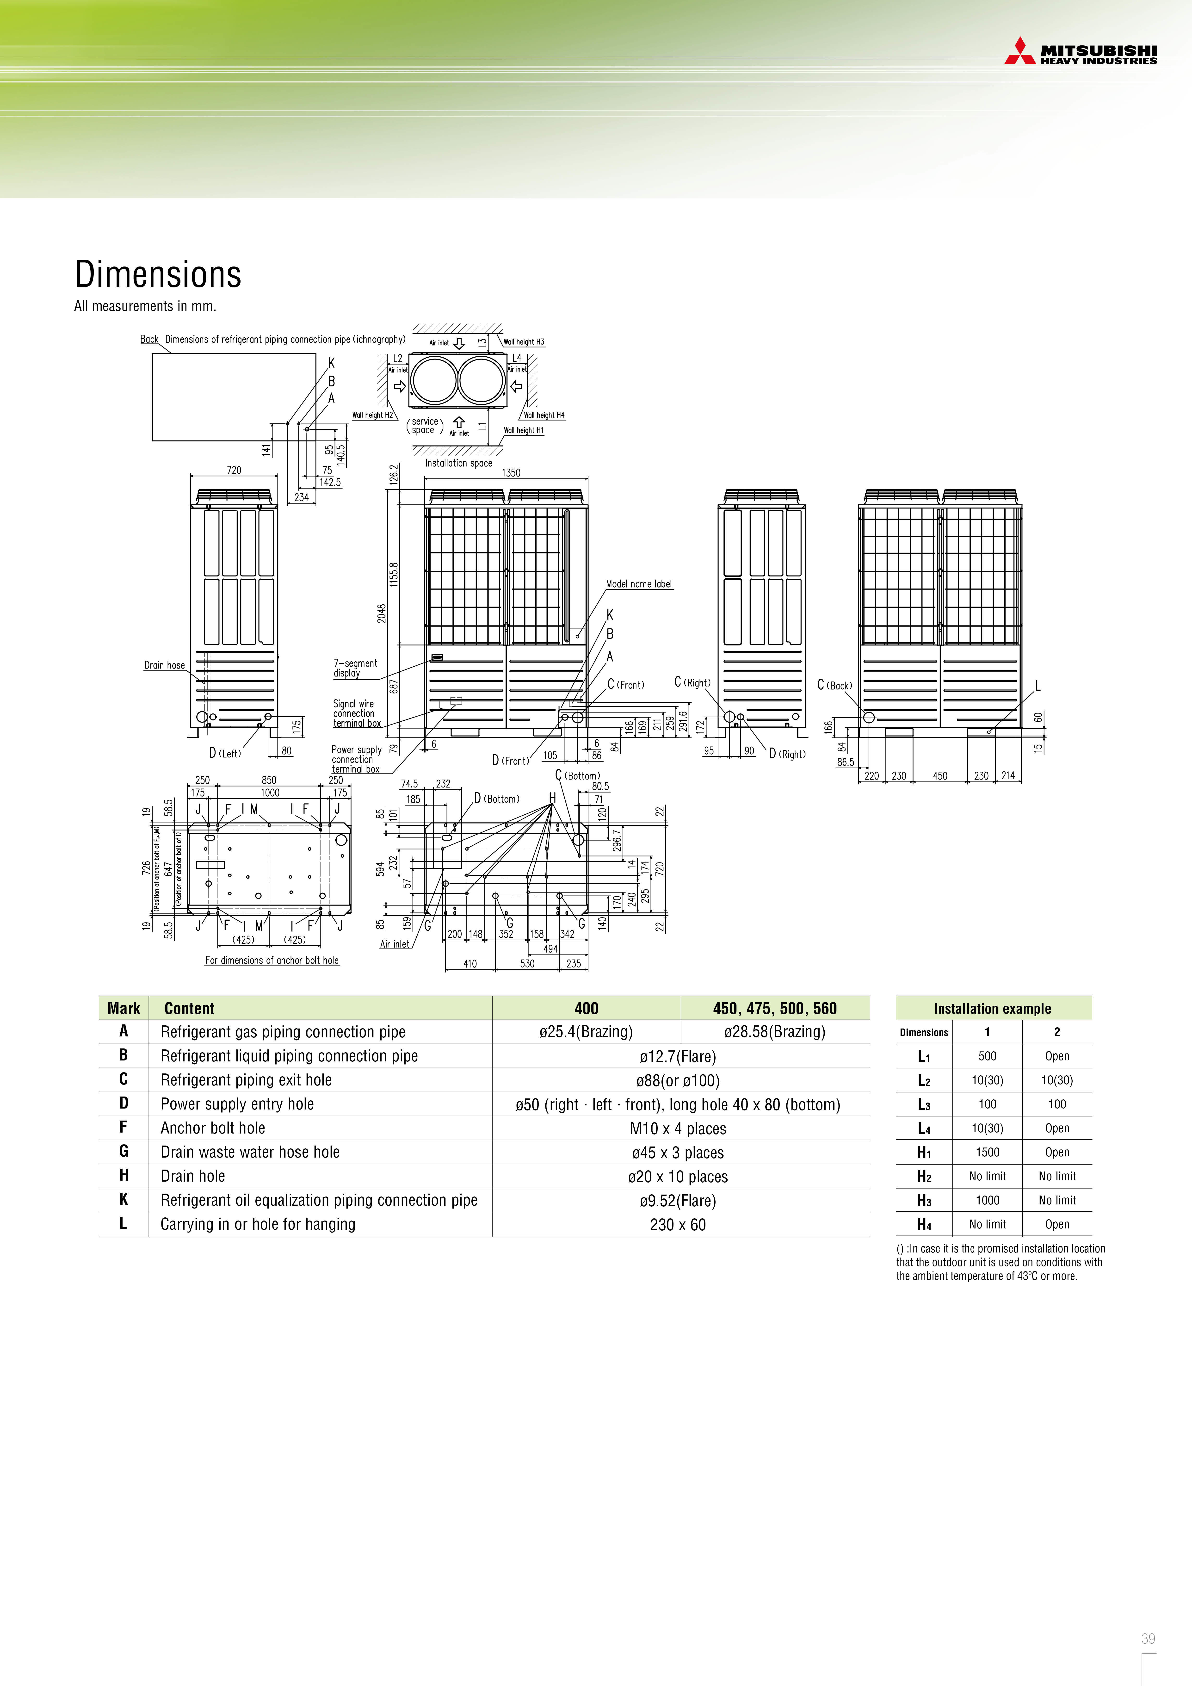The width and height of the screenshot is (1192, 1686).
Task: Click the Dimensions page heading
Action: [158, 275]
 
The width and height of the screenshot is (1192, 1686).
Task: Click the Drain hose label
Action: [165, 665]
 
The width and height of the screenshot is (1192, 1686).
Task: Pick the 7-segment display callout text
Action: [355, 668]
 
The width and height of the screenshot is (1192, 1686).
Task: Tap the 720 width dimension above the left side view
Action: [234, 470]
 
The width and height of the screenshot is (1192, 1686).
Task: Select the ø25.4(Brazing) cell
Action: [586, 1032]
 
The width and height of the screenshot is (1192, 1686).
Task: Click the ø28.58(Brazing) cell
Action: [775, 1032]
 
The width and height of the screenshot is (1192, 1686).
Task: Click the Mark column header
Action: [124, 1008]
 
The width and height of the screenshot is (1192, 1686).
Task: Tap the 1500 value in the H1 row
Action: [987, 1152]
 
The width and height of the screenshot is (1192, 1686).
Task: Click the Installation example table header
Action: [992, 1008]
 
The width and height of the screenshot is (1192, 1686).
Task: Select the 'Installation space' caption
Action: [458, 463]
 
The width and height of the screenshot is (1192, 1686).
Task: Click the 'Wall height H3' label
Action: [524, 342]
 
